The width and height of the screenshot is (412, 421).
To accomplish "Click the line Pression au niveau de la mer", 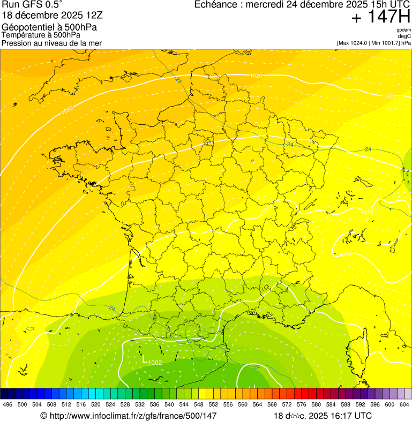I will point(51,43).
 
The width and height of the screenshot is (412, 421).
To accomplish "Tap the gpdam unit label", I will point(403,30).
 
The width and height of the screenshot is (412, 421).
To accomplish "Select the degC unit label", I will point(404,36).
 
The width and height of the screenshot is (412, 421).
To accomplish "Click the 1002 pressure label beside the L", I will point(155,363).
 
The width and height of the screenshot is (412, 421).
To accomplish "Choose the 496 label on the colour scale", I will point(8,404).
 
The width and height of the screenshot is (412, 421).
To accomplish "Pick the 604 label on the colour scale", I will point(404,404).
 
